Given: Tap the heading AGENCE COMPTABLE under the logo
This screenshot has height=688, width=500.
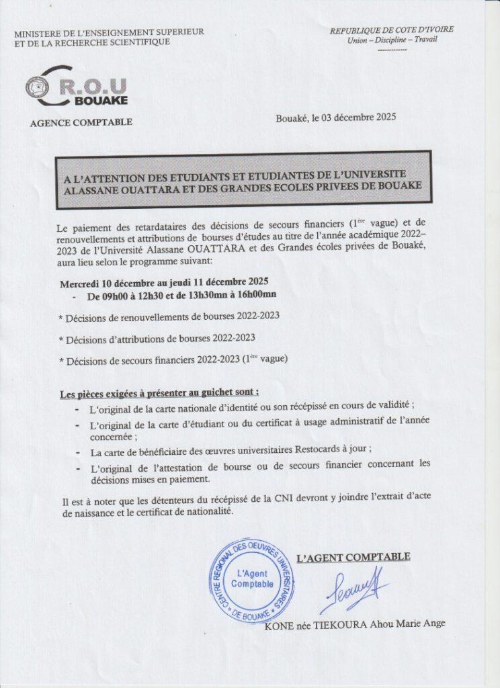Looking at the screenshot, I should click(81, 122).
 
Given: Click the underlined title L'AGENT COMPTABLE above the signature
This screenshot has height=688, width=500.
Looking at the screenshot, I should click(353, 556).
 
